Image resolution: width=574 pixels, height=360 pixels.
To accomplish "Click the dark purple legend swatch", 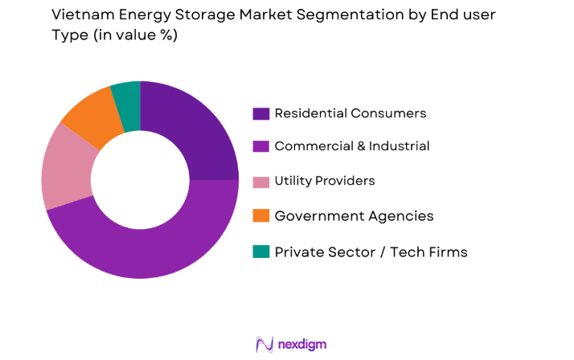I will point(261,113).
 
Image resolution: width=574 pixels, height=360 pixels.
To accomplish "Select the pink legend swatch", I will point(261,182).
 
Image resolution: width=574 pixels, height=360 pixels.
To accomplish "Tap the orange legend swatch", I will point(261,216).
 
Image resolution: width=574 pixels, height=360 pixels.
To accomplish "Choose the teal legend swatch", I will point(261,252).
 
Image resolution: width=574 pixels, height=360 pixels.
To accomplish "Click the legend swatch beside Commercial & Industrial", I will point(261,147).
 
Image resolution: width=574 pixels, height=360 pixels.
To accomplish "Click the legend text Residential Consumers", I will point(351,113).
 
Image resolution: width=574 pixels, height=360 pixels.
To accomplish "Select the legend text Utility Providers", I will point(325,182).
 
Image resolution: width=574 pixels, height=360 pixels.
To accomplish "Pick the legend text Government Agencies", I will point(354,216).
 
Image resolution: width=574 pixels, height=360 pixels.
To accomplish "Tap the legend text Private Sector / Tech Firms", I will point(371,252).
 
